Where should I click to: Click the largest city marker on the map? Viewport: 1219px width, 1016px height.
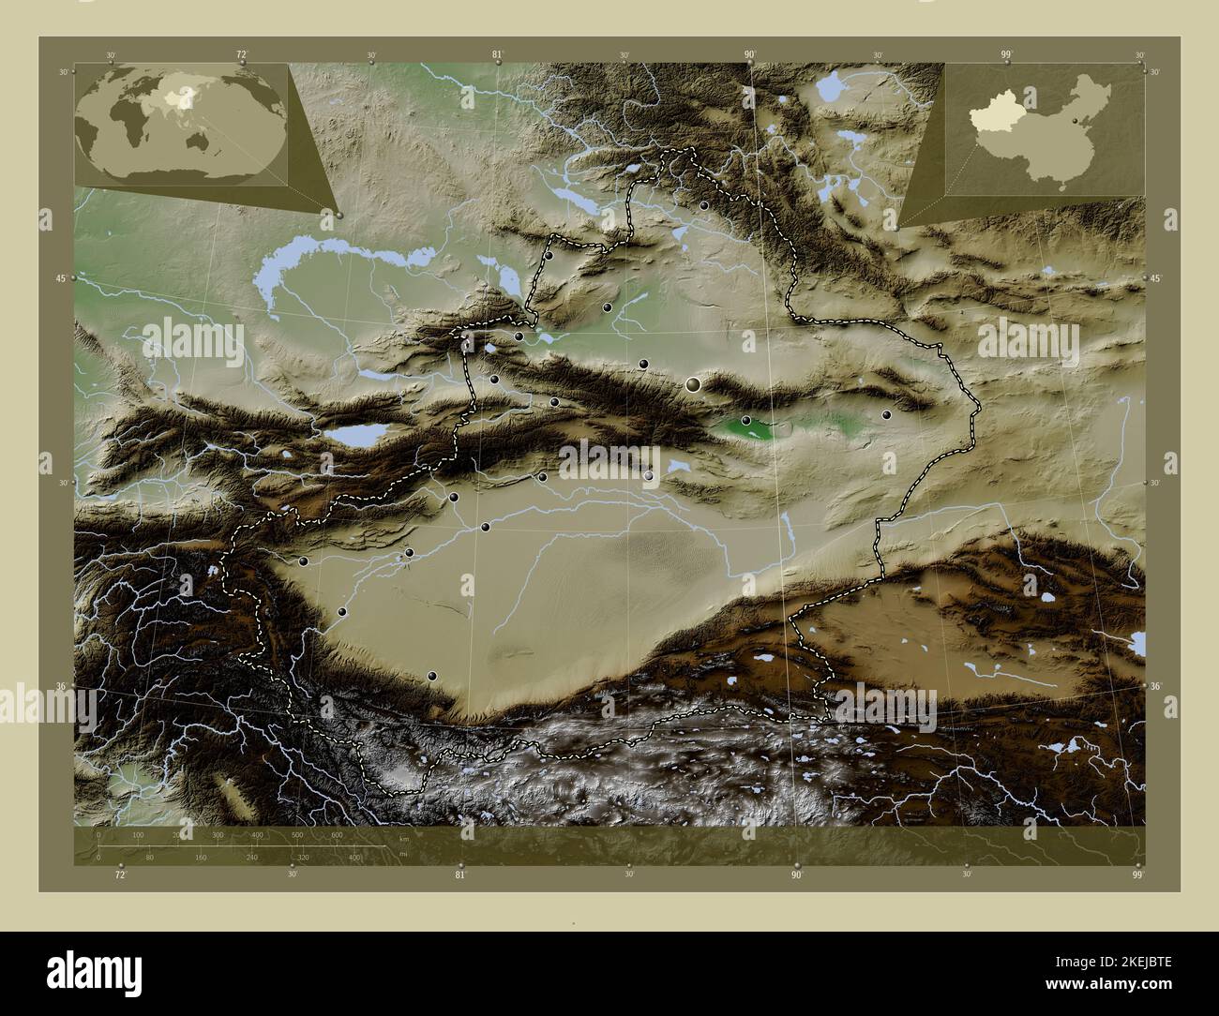coord(693,383)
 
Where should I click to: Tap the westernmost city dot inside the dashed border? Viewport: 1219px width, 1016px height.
coord(304,561)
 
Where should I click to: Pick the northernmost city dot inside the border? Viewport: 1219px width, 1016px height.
coord(703,205)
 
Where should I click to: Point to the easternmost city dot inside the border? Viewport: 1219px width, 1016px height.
coord(886,414)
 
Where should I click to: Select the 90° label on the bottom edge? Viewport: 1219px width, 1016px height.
coord(796,875)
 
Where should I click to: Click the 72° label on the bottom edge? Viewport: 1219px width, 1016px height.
coord(119,875)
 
